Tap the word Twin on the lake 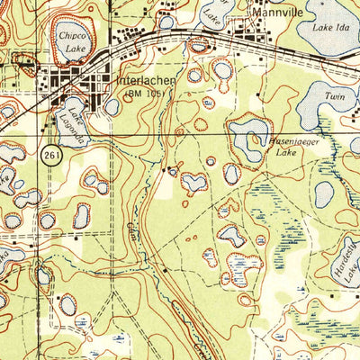pyautogui.click(x=334, y=94)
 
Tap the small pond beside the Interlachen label pyautogui.click(x=112, y=107)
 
